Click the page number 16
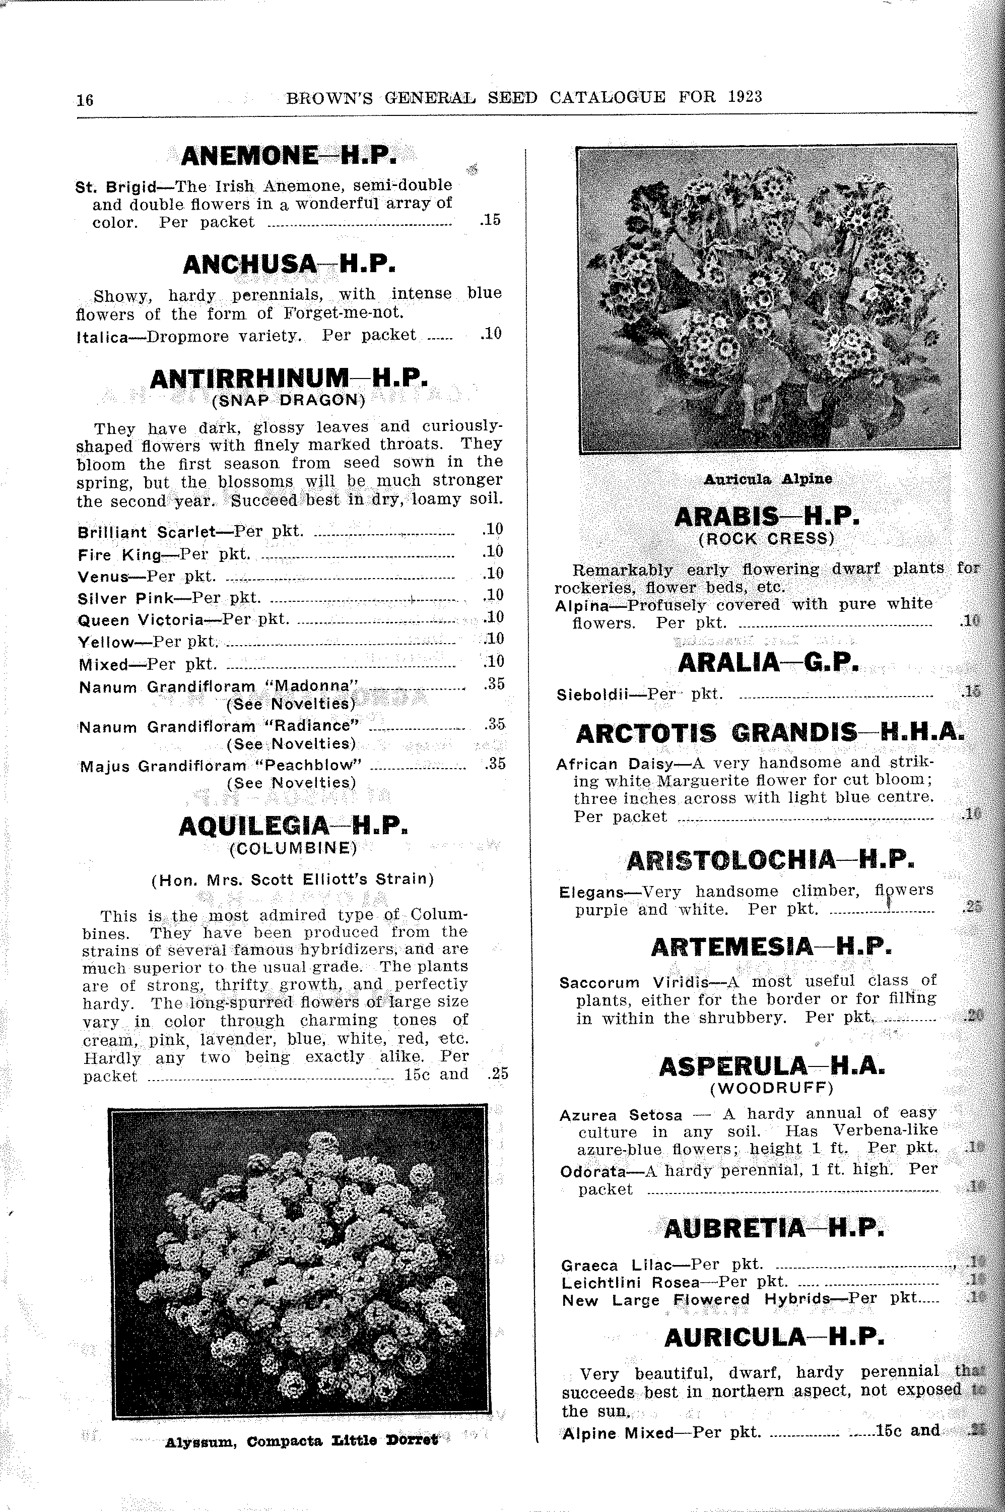coord(85,100)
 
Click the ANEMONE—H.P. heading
coord(289,156)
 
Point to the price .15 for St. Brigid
coord(490,220)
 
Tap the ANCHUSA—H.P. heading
coord(289,264)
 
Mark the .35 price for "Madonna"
coord(495,684)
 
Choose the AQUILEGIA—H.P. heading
coord(293,827)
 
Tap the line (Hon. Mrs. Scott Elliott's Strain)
coord(292,879)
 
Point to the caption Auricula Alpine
coord(768,479)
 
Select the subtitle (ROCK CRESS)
coord(767,539)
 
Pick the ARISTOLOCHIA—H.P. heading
coord(770,860)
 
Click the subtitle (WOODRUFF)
coord(772,1088)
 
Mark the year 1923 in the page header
coord(745,97)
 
